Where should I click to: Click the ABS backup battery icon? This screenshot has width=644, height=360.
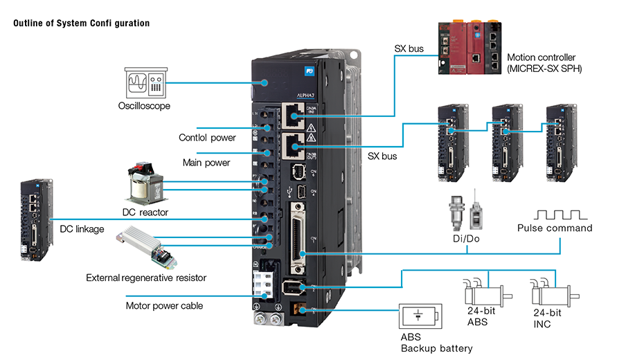click(x=419, y=316)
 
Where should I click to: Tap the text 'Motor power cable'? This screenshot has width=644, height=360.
click(x=164, y=305)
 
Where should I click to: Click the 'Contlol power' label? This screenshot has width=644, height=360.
click(x=208, y=138)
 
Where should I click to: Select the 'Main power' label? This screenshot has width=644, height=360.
click(x=206, y=163)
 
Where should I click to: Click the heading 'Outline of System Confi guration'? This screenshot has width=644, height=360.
click(x=81, y=23)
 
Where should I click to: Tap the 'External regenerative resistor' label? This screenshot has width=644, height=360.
click(x=146, y=278)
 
